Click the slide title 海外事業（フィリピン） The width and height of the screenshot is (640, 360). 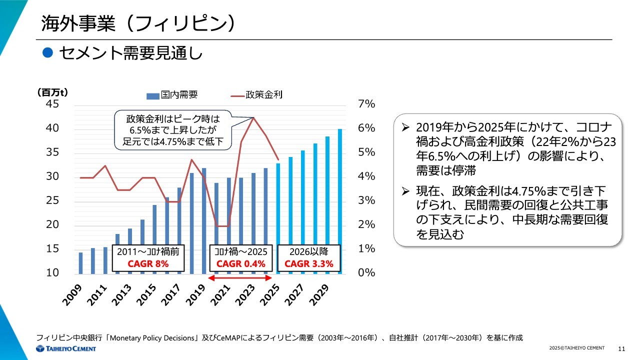tap(138, 23)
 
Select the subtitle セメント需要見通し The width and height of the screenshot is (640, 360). tap(130, 53)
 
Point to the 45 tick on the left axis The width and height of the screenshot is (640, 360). tap(52, 104)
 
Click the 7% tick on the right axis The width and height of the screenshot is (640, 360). tap(366, 104)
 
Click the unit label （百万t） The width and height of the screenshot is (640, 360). tap(52, 92)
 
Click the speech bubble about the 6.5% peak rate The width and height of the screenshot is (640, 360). tap(172, 130)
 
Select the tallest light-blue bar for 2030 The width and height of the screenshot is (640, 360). tap(340, 200)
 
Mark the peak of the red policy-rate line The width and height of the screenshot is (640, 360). tap(253, 118)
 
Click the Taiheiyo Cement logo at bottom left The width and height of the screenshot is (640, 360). tap(65, 348)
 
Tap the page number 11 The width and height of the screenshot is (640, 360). tap(622, 348)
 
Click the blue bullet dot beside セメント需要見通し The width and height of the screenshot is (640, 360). tap(47, 52)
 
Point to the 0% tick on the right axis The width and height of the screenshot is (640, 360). tap(366, 273)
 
